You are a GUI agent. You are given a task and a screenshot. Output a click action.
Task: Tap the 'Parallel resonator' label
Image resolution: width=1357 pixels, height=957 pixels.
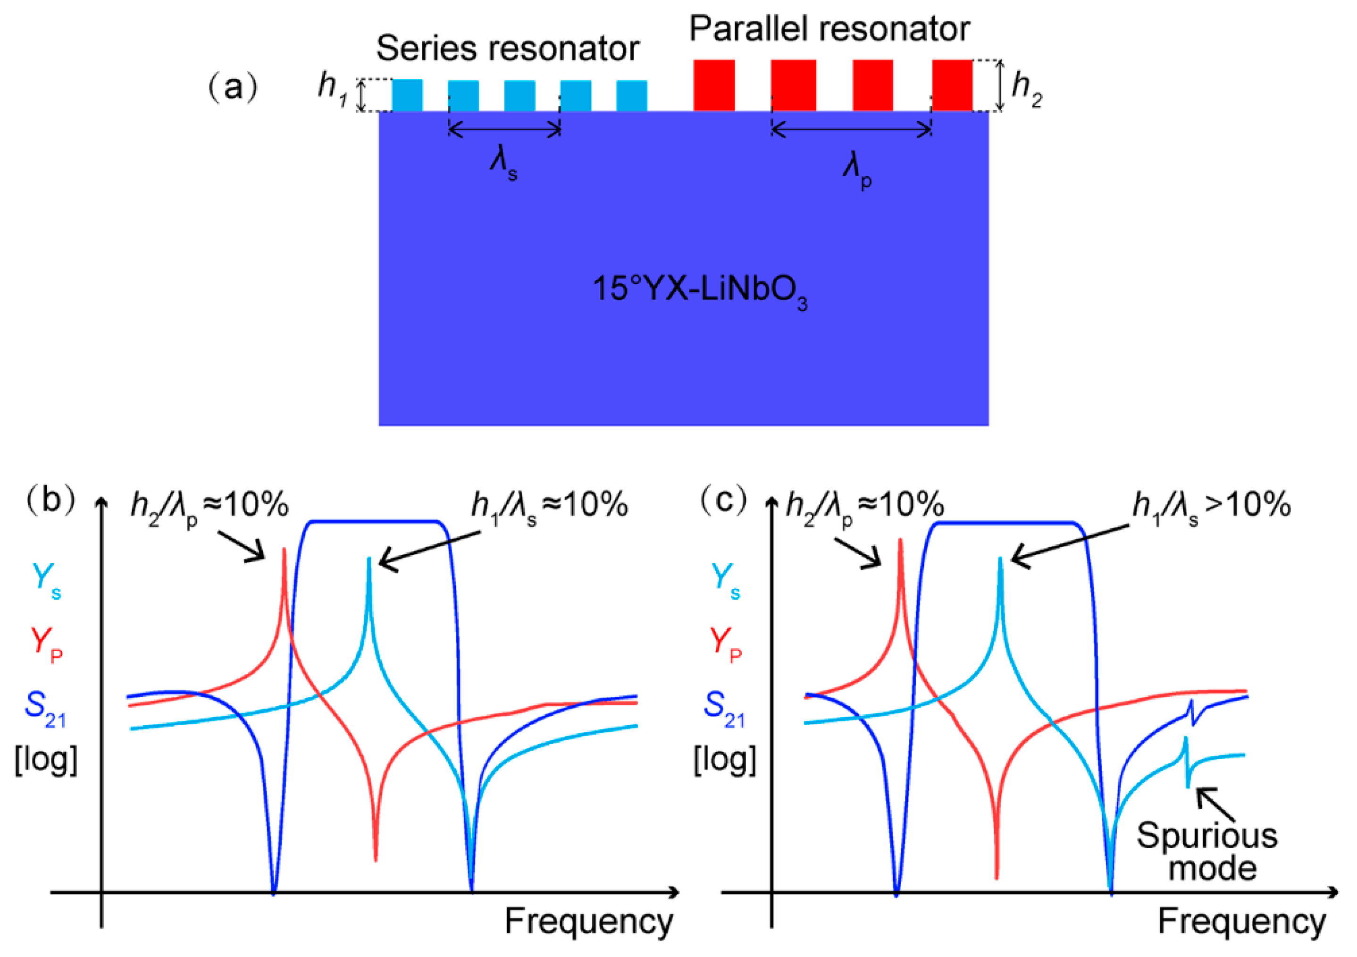[x=829, y=28]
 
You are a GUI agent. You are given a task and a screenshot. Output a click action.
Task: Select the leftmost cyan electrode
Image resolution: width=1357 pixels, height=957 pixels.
[x=407, y=95]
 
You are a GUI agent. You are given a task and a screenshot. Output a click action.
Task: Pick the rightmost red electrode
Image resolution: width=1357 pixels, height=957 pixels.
[x=952, y=85]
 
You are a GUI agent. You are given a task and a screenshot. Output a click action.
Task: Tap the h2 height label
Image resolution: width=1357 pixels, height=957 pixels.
[x=1026, y=89]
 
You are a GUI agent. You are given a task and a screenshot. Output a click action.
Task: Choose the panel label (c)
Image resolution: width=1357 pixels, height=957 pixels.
[x=724, y=500]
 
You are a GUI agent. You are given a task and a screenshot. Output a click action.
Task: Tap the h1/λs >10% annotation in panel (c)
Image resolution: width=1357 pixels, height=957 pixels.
[x=1211, y=507]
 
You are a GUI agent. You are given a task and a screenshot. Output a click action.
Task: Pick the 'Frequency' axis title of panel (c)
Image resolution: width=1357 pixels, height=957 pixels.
[x=1241, y=921]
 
